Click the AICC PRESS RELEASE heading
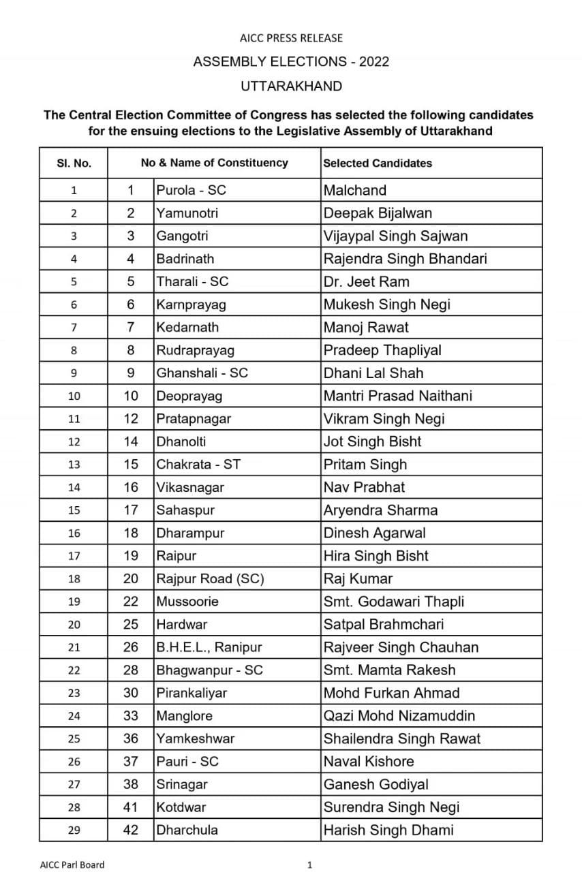pyautogui.click(x=291, y=38)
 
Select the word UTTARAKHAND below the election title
pyautogui.click(x=291, y=87)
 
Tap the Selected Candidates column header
pyautogui.click(x=378, y=163)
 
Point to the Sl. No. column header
pyautogui.click(x=74, y=163)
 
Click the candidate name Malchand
pyautogui.click(x=355, y=190)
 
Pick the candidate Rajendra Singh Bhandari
pyautogui.click(x=405, y=259)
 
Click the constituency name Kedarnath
pyautogui.click(x=187, y=327)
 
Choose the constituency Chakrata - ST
pyautogui.click(x=198, y=465)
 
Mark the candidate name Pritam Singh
pyautogui.click(x=365, y=465)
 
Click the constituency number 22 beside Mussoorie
pyautogui.click(x=131, y=602)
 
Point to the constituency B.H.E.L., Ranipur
pyautogui.click(x=209, y=647)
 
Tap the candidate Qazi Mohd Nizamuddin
pyautogui.click(x=399, y=716)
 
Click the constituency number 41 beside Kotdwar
pyautogui.click(x=131, y=807)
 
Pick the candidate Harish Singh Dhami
pyautogui.click(x=388, y=830)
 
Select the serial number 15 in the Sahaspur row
pyautogui.click(x=74, y=510)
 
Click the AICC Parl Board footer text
pyautogui.click(x=72, y=865)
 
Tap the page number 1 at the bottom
pyautogui.click(x=310, y=865)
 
